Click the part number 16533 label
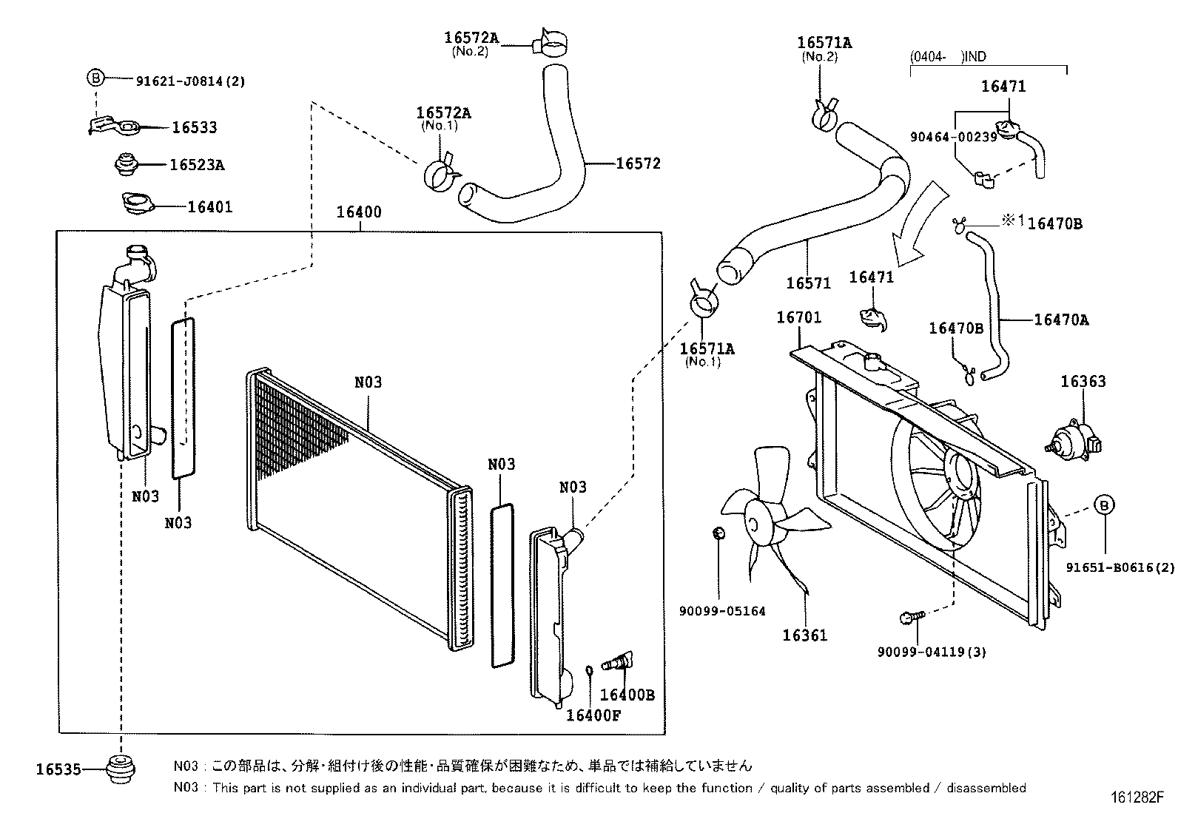[x=195, y=127]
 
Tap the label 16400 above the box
[x=359, y=212]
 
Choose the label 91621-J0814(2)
[x=190, y=81]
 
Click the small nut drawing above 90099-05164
[x=718, y=533]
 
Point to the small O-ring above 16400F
[x=590, y=671]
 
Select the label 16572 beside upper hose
[x=639, y=163]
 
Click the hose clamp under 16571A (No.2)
[x=824, y=113]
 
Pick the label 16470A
[x=1061, y=320]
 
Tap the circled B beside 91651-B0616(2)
[x=1104, y=505]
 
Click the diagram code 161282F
[x=1137, y=798]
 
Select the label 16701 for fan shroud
[x=798, y=317]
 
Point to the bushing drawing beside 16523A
[x=128, y=163]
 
